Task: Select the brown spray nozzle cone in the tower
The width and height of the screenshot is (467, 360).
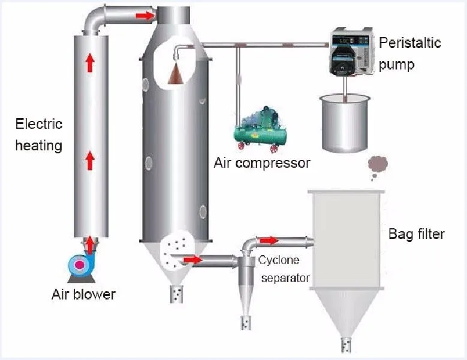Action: click(177, 74)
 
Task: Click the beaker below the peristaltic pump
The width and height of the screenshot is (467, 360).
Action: click(344, 123)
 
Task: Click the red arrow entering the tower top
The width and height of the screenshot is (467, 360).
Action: click(143, 14)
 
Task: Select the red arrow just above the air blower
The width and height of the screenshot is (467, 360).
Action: click(90, 244)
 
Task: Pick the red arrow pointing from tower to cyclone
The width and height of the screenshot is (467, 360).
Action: click(193, 259)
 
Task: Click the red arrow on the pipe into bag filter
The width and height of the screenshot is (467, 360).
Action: click(269, 240)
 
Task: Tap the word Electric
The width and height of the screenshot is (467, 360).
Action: click(39, 125)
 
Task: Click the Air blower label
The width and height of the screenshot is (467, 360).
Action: click(83, 294)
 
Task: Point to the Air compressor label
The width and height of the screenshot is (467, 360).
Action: click(262, 162)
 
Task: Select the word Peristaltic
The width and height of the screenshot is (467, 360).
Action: click(409, 43)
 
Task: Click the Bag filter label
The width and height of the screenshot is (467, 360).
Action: click(416, 234)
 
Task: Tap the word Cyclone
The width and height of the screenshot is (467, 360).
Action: click(279, 261)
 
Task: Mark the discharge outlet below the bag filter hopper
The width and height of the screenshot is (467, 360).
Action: click(346, 344)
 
